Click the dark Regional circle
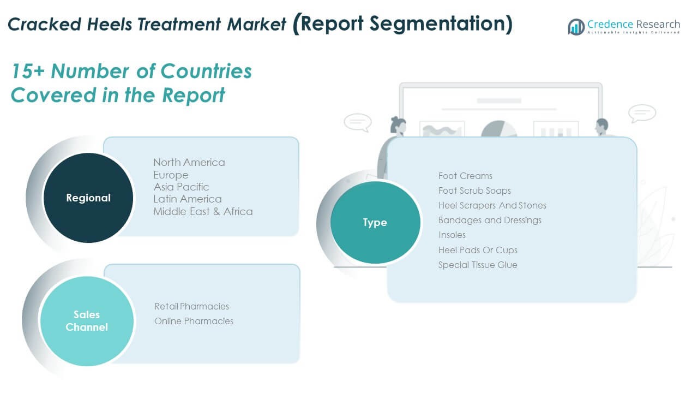[x=88, y=198]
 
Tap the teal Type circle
[x=375, y=223]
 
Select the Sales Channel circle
[x=87, y=321]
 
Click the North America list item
[x=189, y=162]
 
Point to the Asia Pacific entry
[x=181, y=187]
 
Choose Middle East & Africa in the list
[x=203, y=211]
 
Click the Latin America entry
[x=187, y=199]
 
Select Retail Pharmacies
[x=191, y=306]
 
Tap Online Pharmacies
[x=194, y=321]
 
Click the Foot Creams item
[x=465, y=176]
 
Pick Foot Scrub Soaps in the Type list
[x=474, y=190]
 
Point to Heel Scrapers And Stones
[x=492, y=205]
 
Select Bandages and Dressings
[x=490, y=220]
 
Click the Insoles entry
[x=452, y=235]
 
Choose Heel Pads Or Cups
[x=478, y=250]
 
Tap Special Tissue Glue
[x=478, y=265]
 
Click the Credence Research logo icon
[x=576, y=26]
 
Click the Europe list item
[x=171, y=175]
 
